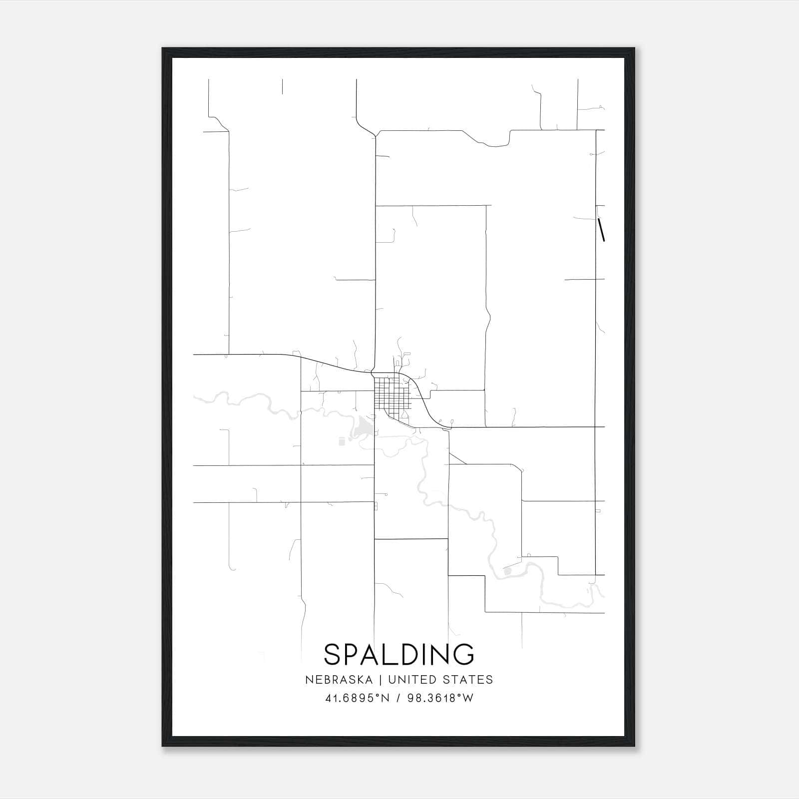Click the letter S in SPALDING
[x=333, y=655]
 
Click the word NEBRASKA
[x=339, y=680]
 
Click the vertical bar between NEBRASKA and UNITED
[x=380, y=680]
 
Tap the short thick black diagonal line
[x=601, y=230]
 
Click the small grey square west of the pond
[x=342, y=441]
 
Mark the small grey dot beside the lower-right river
[x=508, y=571]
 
